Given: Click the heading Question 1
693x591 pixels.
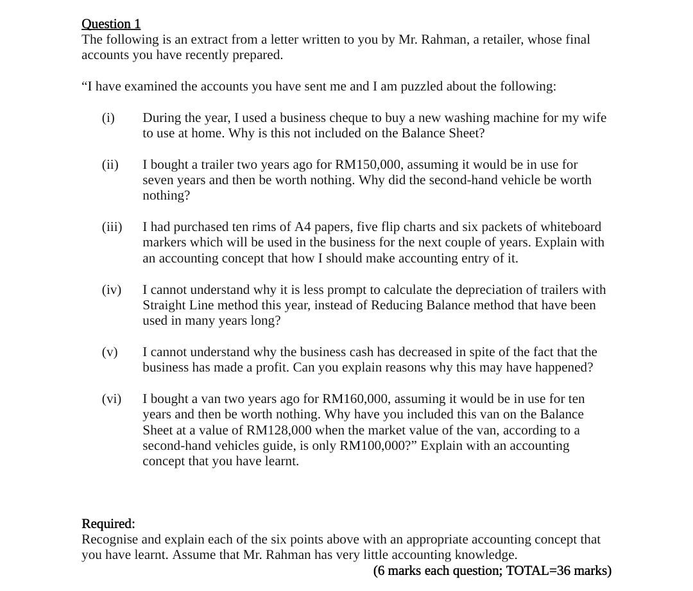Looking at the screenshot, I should tap(111, 24).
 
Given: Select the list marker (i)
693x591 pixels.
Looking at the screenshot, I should tap(108, 118).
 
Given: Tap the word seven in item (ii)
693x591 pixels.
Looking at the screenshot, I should tap(158, 180).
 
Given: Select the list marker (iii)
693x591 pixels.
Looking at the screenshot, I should tap(112, 227).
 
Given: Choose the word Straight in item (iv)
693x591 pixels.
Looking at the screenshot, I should tap(166, 305).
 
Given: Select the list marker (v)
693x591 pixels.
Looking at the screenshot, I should tap(110, 352).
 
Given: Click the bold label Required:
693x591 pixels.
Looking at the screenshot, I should tap(108, 524).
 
